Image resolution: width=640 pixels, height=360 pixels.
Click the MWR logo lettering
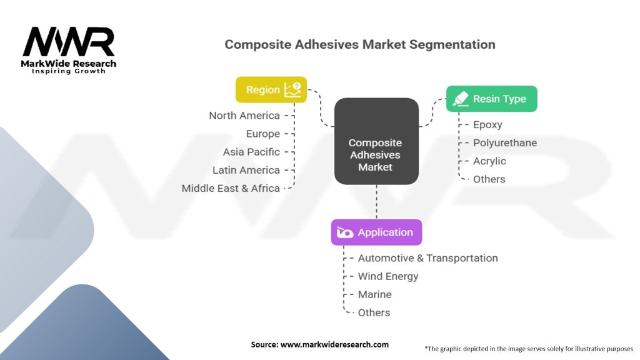click(69, 42)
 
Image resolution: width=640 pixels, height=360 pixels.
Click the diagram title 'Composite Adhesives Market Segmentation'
click(359, 45)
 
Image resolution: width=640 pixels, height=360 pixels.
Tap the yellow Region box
click(271, 89)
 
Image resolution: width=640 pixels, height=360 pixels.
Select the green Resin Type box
click(491, 99)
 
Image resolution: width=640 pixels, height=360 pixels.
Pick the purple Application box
click(376, 232)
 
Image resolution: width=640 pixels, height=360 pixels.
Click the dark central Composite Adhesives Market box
click(376, 141)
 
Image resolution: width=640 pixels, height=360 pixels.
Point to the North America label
click(244, 116)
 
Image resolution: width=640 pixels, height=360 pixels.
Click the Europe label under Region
click(262, 134)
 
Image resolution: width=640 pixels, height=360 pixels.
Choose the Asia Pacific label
click(251, 152)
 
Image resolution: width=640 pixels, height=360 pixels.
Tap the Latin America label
click(246, 170)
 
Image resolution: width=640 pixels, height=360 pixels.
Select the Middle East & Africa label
click(231, 188)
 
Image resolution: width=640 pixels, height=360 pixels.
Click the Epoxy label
click(487, 125)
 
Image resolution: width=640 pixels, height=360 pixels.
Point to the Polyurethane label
click(504, 143)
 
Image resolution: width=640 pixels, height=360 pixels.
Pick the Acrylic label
click(489, 161)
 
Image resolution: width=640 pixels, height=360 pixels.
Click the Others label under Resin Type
click(489, 179)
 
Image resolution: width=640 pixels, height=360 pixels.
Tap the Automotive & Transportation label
click(427, 258)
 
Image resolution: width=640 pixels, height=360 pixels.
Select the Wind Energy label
click(388, 276)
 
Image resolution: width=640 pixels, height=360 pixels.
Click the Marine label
click(374, 294)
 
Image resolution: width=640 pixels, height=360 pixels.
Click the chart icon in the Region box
click(292, 89)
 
